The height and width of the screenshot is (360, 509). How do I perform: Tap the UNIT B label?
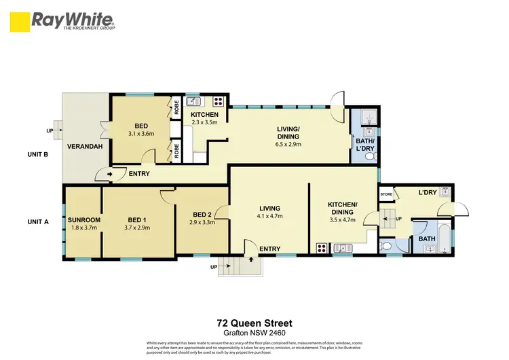point(37,154)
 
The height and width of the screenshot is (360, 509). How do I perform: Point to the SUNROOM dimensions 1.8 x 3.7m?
point(84,228)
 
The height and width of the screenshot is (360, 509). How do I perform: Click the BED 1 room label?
point(137,219)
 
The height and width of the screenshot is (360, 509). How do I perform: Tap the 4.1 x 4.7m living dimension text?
point(269,216)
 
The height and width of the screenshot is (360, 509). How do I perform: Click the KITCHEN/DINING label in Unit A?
point(343,208)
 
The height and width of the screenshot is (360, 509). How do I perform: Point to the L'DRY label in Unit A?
point(427,193)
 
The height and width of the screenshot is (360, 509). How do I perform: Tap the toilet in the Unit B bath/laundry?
point(370,156)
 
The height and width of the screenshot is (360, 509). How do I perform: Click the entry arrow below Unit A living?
point(251,259)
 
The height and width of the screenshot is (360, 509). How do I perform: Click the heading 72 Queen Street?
point(254,323)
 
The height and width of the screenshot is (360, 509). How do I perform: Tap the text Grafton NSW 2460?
point(254,333)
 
